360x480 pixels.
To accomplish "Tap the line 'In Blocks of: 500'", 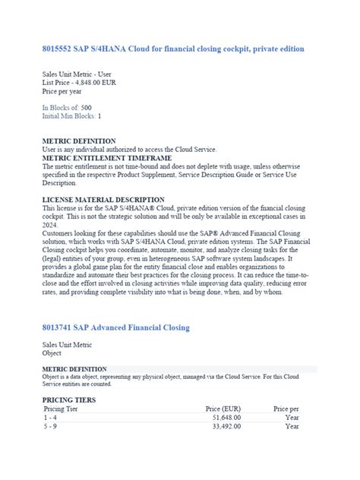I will click(68, 108).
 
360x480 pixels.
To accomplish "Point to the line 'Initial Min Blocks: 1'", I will click(72, 116).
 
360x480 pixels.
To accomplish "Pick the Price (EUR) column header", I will click(223, 409).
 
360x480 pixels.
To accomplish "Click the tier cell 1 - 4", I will click(51, 417).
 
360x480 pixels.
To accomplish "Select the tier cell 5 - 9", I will click(51, 426).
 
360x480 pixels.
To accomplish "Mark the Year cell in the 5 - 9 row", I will click(292, 426).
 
